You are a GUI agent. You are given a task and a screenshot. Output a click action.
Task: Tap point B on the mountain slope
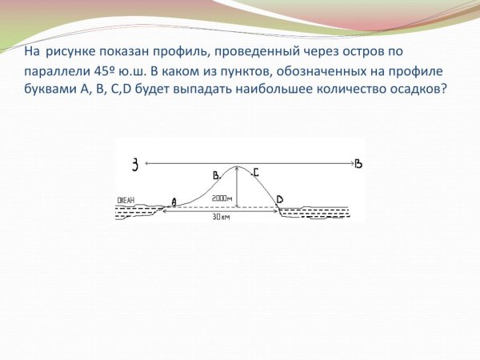[x=215, y=174]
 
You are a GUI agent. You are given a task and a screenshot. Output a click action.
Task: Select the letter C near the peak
[x=255, y=171]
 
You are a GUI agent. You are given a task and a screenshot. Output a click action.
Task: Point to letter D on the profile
[x=279, y=198]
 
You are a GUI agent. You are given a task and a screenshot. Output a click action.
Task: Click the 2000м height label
[x=222, y=198]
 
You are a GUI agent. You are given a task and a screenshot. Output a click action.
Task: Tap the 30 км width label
[x=220, y=217]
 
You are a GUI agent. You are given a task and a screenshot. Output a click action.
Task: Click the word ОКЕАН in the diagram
[x=126, y=200]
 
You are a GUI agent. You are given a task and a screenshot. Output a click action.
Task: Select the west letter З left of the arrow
[x=137, y=165]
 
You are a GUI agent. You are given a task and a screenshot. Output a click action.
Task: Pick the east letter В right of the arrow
[x=358, y=164]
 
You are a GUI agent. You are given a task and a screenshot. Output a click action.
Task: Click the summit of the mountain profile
[x=237, y=167]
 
